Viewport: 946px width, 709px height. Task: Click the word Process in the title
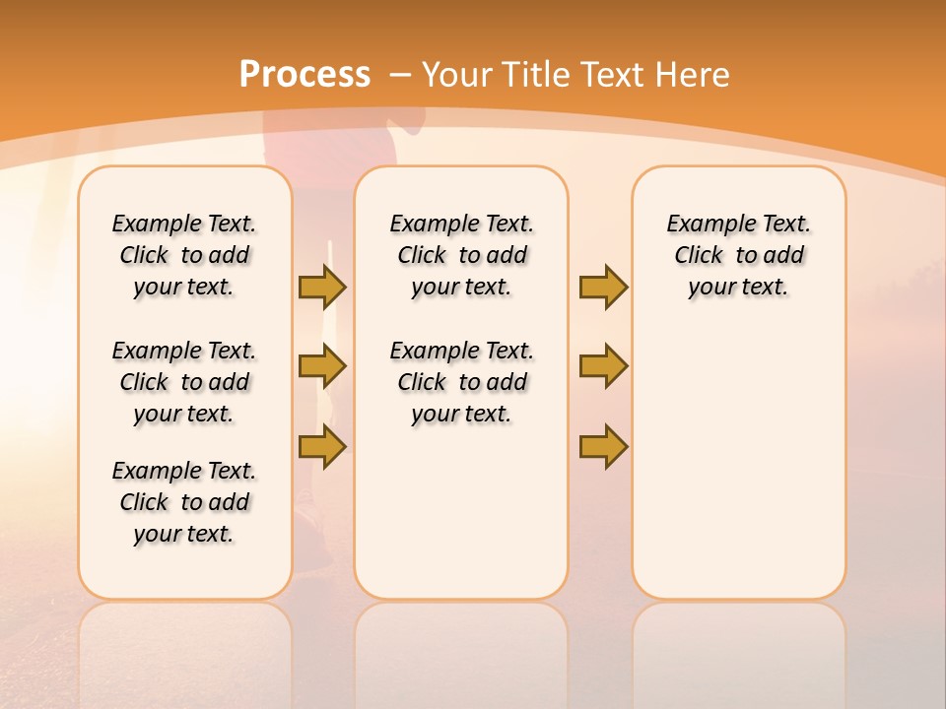tap(304, 75)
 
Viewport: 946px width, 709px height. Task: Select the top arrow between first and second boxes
tap(322, 287)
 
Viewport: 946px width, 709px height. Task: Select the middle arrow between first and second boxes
tap(322, 366)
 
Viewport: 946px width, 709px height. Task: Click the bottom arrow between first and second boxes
tap(322, 447)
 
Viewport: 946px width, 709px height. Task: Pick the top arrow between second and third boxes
tap(603, 287)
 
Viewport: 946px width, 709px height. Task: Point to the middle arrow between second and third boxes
tap(603, 366)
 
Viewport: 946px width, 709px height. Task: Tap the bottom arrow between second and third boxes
tap(603, 447)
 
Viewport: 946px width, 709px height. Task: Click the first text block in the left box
tap(184, 255)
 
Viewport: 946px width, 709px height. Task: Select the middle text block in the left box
tap(184, 382)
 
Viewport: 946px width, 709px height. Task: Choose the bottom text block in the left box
tap(184, 502)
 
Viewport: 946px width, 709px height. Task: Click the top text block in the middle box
tap(461, 255)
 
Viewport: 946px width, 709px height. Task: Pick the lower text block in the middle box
tap(461, 382)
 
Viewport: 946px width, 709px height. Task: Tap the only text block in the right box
tap(738, 255)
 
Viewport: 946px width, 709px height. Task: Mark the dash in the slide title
tap(400, 75)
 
